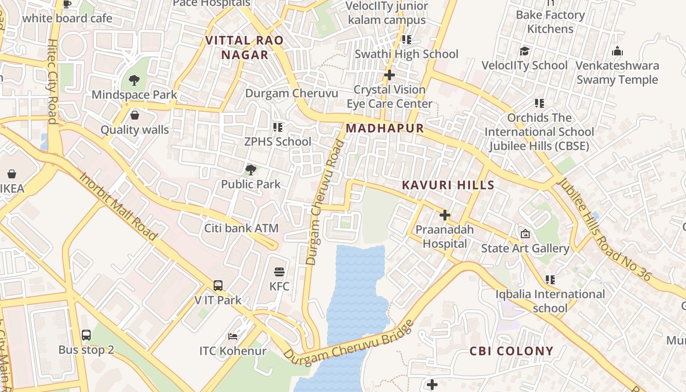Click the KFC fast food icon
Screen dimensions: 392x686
click(279, 272)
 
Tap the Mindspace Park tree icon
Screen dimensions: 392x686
click(134, 80)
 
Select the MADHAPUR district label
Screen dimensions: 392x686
click(385, 128)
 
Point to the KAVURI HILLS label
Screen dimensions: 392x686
click(448, 185)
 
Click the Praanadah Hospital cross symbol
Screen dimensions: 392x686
click(445, 215)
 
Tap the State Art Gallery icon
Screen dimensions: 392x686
click(525, 234)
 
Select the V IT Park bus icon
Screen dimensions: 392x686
click(218, 285)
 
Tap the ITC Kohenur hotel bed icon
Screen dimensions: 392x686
click(233, 337)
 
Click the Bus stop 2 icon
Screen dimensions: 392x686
click(86, 335)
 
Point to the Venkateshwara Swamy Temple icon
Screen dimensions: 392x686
click(617, 51)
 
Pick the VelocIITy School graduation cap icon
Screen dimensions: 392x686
click(524, 51)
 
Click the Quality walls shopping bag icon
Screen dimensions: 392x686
click(135, 115)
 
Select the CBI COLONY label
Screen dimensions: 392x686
click(511, 351)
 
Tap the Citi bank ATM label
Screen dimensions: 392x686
click(241, 228)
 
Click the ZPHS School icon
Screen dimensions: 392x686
click(278, 127)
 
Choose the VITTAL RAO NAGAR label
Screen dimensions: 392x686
click(245, 48)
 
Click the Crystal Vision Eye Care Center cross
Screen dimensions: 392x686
click(390, 75)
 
